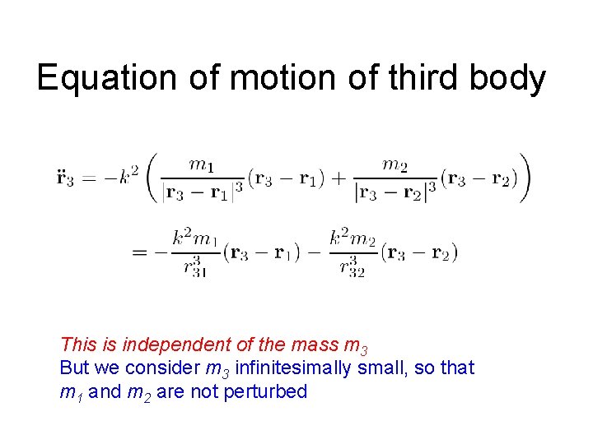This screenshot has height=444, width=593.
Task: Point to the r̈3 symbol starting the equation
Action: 65,178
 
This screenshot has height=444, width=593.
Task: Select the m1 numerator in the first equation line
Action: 203,164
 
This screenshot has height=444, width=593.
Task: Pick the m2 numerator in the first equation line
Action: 395,164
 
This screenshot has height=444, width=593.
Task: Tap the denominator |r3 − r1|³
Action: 203,192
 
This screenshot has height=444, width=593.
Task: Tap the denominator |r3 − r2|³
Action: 395,192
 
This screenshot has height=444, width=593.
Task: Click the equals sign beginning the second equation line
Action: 140,252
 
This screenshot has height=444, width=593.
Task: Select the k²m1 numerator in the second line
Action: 194,239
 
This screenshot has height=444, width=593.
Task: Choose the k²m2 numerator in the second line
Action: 352,239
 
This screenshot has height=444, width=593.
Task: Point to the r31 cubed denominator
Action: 194,266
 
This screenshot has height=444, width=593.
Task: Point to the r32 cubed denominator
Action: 352,266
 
